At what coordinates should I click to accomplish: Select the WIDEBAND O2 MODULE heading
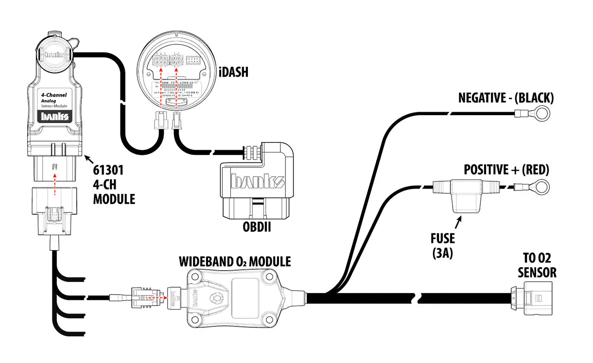(235, 261)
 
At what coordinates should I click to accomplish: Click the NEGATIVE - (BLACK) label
(506, 98)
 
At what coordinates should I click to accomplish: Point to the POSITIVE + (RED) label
(506, 170)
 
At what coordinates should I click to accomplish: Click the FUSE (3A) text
(442, 245)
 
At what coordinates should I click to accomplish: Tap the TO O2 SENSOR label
(537, 265)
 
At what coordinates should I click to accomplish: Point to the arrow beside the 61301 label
(89, 159)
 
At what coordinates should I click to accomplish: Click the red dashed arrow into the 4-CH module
(55, 182)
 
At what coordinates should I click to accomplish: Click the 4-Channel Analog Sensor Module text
(54, 100)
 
